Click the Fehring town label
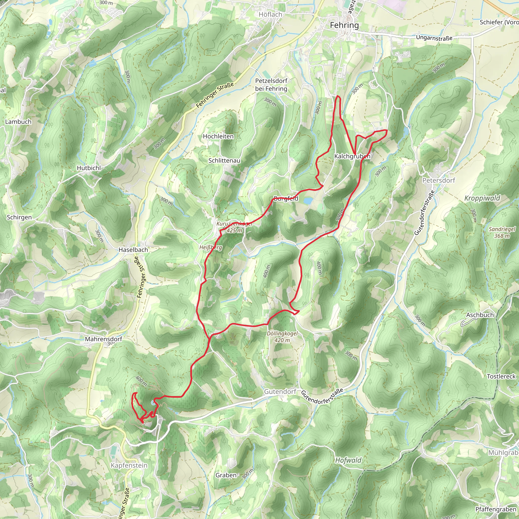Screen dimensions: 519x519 [344, 25]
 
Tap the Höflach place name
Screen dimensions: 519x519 [270, 14]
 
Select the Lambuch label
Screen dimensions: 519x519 [18, 122]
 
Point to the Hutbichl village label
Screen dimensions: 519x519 [89, 168]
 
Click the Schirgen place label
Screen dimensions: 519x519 [19, 217]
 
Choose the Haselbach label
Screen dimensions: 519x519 [133, 250]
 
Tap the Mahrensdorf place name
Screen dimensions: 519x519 [103, 339]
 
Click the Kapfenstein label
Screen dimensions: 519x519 [129, 465]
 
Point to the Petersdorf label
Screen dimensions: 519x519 [439, 180]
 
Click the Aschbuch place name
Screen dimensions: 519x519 [480, 315]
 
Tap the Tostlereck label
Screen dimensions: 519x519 [501, 376]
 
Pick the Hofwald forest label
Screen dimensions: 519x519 [348, 460]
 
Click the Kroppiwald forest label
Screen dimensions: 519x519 [482, 198]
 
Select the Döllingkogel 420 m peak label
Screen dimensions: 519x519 [282, 337]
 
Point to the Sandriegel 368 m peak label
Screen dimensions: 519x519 [502, 232]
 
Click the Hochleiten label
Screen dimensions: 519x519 [218, 137]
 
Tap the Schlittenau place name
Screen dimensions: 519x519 [224, 160]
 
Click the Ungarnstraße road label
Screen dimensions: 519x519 [434, 38]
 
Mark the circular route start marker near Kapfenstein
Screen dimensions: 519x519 [153, 402]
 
